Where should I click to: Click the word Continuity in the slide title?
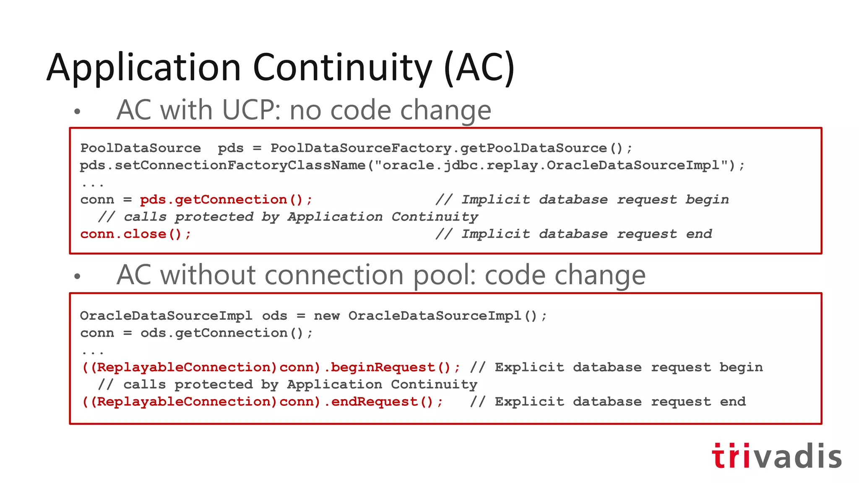point(342,68)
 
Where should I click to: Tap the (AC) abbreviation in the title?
point(479,68)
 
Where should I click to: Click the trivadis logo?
point(777,456)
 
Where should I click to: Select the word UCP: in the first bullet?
point(252,110)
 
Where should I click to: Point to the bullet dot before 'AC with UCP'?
point(77,112)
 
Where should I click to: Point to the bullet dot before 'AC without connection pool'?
point(77,276)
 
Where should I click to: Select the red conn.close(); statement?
point(135,234)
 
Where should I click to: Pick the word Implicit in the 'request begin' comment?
point(495,200)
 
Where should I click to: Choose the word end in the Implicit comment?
point(699,234)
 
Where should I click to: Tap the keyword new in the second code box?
point(327,316)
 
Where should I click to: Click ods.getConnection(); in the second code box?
point(226,333)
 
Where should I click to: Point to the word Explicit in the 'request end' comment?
point(529,402)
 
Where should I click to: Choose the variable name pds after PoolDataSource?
point(230,148)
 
